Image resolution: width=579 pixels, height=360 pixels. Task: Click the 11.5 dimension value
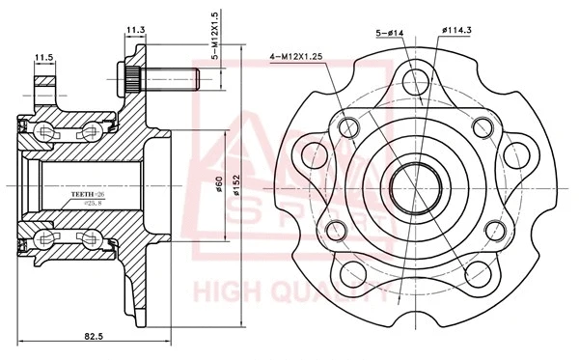[x=43, y=58]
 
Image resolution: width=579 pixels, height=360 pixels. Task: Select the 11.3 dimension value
[x=136, y=30]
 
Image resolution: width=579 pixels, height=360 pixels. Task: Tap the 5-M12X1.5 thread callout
[x=218, y=38]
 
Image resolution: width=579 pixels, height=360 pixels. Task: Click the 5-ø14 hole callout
[x=389, y=33]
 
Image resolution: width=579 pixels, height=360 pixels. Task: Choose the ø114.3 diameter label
[x=455, y=33]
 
